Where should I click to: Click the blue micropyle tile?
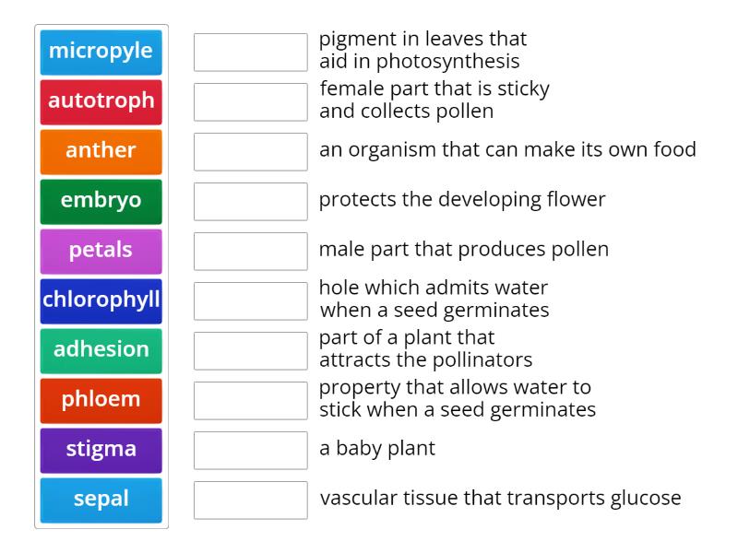(101, 52)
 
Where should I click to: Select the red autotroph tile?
(101, 101)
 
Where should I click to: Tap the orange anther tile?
(101, 151)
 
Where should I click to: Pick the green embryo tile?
(101, 201)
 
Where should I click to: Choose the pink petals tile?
(101, 251)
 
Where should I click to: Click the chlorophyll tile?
(101, 300)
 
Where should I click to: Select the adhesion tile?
(101, 350)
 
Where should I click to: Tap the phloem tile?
(101, 400)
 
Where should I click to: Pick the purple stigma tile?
(101, 450)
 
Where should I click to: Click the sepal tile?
(101, 500)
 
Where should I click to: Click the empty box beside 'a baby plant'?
(250, 450)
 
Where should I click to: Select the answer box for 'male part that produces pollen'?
(250, 251)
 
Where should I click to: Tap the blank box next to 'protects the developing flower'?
(250, 201)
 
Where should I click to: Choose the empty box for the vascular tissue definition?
(250, 500)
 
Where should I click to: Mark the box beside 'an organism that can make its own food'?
(250, 151)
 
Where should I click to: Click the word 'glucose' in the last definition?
(646, 499)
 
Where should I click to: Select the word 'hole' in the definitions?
(339, 288)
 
